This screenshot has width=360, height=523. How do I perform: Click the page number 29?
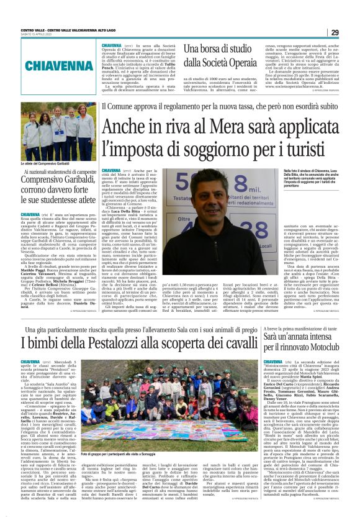click(335, 32)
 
